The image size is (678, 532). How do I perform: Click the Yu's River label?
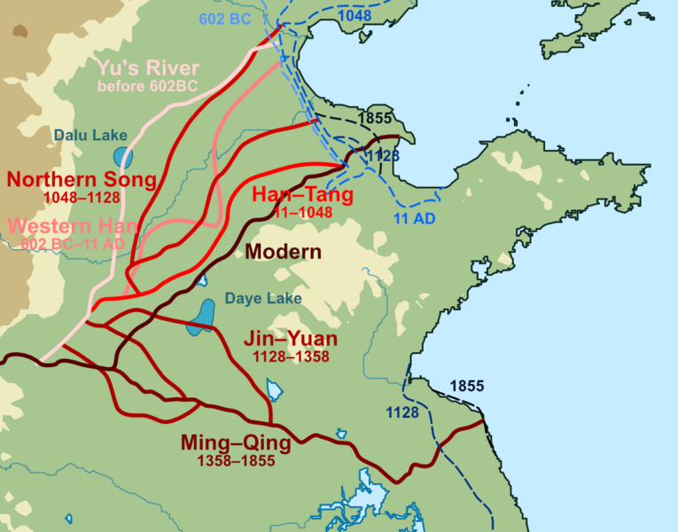tap(149, 68)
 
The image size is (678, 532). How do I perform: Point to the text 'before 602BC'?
tap(148, 86)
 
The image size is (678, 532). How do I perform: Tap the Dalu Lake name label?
tap(90, 136)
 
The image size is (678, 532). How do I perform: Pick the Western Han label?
tap(66, 226)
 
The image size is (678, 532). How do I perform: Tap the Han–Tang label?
tap(303, 195)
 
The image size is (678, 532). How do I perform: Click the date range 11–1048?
tap(304, 212)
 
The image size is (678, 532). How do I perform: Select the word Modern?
tap(284, 252)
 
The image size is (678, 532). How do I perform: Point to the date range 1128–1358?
tap(291, 356)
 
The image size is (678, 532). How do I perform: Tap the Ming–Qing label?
tap(235, 442)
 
